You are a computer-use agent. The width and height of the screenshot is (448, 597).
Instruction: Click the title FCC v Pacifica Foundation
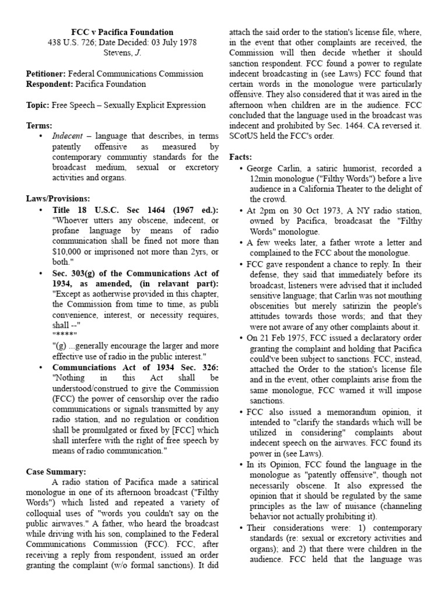pyautogui.click(x=122, y=31)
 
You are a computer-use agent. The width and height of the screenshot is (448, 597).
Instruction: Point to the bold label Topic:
pyautogui.click(x=38, y=106)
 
